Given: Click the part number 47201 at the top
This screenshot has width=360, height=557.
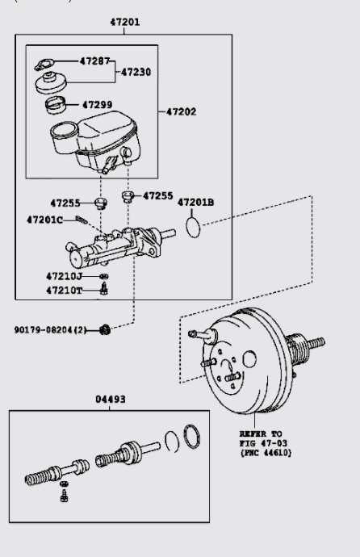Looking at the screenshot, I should [124, 23].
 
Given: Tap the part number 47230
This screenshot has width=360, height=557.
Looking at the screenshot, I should [136, 72].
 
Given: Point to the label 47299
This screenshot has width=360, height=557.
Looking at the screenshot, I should [96, 104].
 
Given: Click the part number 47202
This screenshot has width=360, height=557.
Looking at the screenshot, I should [181, 111].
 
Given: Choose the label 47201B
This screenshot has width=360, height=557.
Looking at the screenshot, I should [195, 202].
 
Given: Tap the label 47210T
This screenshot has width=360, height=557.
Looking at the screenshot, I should [65, 290].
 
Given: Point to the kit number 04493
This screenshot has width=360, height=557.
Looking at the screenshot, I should [110, 399].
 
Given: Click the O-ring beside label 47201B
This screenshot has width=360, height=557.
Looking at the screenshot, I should [191, 228].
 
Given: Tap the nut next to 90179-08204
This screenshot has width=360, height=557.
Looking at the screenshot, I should [104, 329].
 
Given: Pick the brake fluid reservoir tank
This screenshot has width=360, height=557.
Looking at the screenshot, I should [97, 141].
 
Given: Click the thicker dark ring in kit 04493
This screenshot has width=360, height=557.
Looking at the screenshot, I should [190, 437].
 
